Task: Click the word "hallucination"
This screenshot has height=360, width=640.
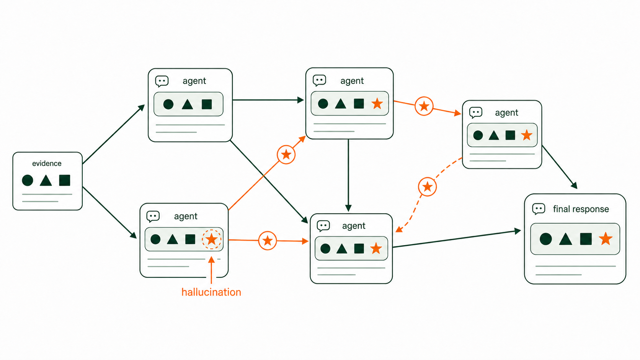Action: [x=211, y=292]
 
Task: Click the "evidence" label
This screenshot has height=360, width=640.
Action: [x=47, y=163]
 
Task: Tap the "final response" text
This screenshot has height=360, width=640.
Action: [x=581, y=209]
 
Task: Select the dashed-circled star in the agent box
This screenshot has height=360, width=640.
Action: [x=211, y=239]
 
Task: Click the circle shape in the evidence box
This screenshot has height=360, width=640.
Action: [x=28, y=181]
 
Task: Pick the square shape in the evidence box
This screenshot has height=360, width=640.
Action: [x=65, y=180]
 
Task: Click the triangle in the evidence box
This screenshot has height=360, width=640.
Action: [x=46, y=181]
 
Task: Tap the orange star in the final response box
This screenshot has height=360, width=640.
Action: [x=606, y=239]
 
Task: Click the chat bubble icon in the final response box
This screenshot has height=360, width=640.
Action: [x=539, y=209]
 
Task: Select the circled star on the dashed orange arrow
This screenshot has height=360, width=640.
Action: [x=427, y=187]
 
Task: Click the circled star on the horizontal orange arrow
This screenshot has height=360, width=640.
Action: [x=268, y=241]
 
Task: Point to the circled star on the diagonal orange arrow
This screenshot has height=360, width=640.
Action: [x=286, y=155]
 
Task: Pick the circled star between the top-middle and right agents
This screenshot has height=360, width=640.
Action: [x=424, y=106]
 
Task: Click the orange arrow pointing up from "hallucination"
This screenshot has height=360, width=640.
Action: [x=211, y=270]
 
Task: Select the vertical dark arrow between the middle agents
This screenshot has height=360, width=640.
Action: [x=348, y=175]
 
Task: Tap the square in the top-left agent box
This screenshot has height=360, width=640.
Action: [x=207, y=104]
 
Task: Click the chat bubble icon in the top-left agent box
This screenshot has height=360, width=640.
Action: [x=162, y=81]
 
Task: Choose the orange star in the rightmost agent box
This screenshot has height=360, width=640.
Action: [x=527, y=135]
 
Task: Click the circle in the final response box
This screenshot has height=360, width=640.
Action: [x=546, y=239]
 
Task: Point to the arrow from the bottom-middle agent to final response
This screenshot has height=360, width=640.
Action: [x=457, y=239]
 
